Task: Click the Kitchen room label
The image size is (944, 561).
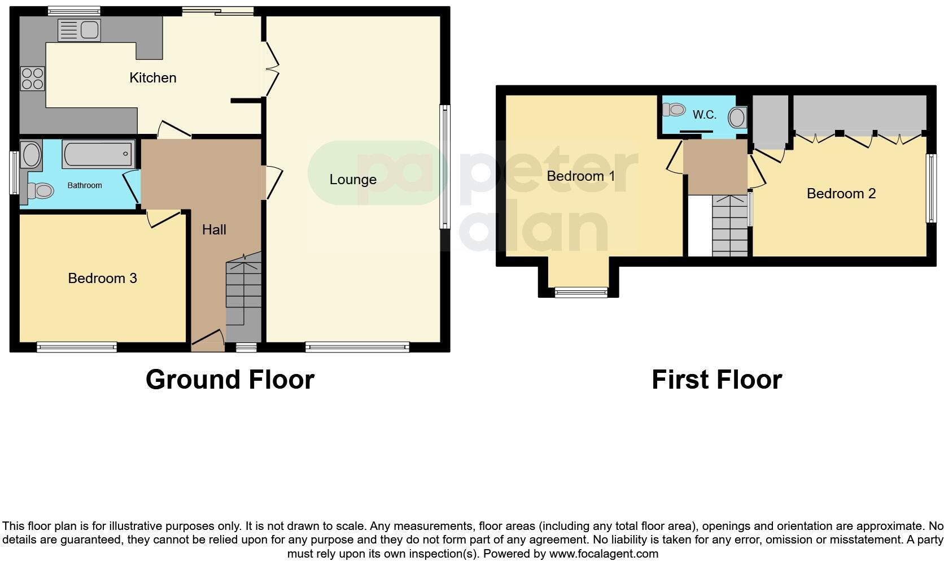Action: pyautogui.click(x=152, y=77)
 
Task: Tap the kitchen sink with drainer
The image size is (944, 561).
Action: pyautogui.click(x=79, y=30)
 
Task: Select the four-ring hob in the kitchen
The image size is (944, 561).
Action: pyautogui.click(x=32, y=79)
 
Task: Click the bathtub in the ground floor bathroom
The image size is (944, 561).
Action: pyautogui.click(x=99, y=153)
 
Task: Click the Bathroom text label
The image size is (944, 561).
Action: pyautogui.click(x=85, y=185)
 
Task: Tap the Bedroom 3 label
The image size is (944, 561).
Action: pyautogui.click(x=102, y=278)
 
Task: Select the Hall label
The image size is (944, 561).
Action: pyautogui.click(x=214, y=229)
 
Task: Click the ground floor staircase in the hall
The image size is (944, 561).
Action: pyautogui.click(x=243, y=297)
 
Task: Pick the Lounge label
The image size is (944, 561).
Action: pyautogui.click(x=353, y=180)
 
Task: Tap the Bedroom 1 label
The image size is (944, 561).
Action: pyautogui.click(x=580, y=176)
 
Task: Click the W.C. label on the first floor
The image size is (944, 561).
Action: pyautogui.click(x=704, y=115)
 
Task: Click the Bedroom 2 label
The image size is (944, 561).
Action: pyautogui.click(x=841, y=194)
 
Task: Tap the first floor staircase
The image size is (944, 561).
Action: pyautogui.click(x=729, y=225)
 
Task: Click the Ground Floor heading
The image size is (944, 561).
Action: pyautogui.click(x=230, y=380)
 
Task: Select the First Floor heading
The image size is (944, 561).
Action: pyautogui.click(x=716, y=380)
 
